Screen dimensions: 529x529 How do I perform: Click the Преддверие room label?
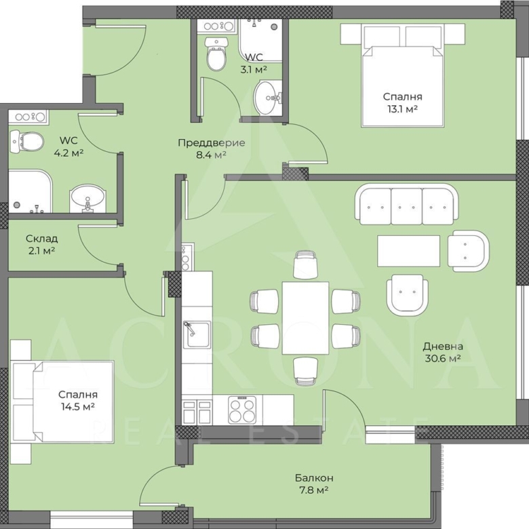point(212,142)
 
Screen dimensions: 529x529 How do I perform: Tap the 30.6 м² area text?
point(443,358)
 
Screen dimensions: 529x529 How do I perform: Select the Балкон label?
point(314,477)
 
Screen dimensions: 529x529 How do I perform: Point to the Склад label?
point(42,239)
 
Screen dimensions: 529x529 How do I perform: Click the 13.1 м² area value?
point(402,109)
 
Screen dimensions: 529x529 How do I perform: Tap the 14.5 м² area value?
point(77,406)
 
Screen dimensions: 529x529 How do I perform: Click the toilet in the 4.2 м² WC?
point(26,141)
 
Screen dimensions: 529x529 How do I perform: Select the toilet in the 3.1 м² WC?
point(216,54)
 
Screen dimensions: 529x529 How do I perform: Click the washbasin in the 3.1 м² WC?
point(267,98)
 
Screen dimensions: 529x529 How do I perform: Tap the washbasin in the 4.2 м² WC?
point(87,199)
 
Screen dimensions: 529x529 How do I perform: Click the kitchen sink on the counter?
point(197,334)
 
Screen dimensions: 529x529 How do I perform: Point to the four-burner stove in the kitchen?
point(242,410)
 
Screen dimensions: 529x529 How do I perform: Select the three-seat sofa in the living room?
point(406,204)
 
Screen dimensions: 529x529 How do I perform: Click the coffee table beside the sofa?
point(408,252)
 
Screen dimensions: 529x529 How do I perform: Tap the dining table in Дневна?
point(305,318)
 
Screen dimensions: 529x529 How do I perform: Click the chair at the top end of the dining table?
point(305,264)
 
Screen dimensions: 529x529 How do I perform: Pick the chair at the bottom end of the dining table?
point(305,371)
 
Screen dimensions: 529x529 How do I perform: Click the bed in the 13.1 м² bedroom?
point(402,75)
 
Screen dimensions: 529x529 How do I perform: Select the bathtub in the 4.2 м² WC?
point(30,191)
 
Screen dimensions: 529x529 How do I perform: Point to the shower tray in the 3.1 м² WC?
point(260,41)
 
